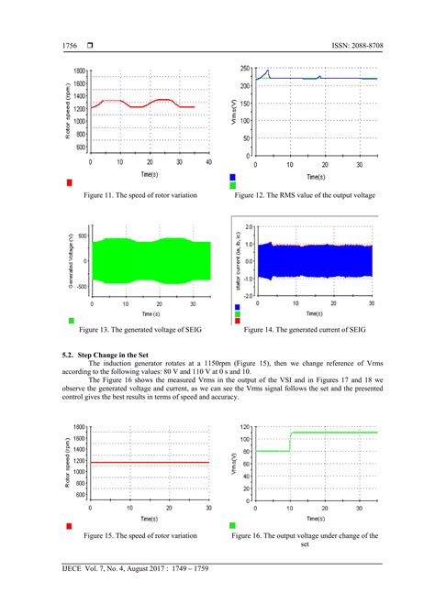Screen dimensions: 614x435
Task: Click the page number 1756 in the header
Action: tap(71, 46)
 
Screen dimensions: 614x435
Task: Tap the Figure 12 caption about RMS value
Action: tap(305, 195)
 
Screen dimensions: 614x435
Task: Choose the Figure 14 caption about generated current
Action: tap(306, 329)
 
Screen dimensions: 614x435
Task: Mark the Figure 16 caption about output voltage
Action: tap(306, 539)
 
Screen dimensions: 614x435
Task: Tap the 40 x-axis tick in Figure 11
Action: tap(208, 162)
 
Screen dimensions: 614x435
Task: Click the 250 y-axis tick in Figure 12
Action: tap(245, 69)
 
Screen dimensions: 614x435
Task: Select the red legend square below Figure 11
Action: tap(71, 182)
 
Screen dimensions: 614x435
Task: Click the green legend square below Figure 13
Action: tap(71, 320)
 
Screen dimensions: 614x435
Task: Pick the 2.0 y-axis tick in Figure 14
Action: tap(247, 225)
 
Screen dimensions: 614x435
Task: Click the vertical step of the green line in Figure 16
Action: tap(290, 441)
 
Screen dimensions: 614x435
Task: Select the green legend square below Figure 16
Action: tap(233, 525)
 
